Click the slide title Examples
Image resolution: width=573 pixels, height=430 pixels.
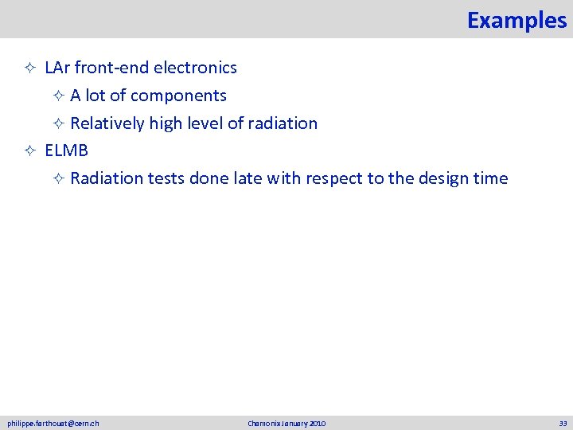coord(516,20)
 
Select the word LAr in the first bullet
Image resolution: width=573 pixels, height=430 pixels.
coord(57,68)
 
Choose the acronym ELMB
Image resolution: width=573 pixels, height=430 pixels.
coord(66,150)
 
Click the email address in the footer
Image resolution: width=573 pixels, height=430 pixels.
coord(53,424)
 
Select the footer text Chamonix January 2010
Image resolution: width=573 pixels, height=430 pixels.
coord(286,424)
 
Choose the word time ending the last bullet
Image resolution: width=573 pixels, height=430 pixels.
coord(489,178)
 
